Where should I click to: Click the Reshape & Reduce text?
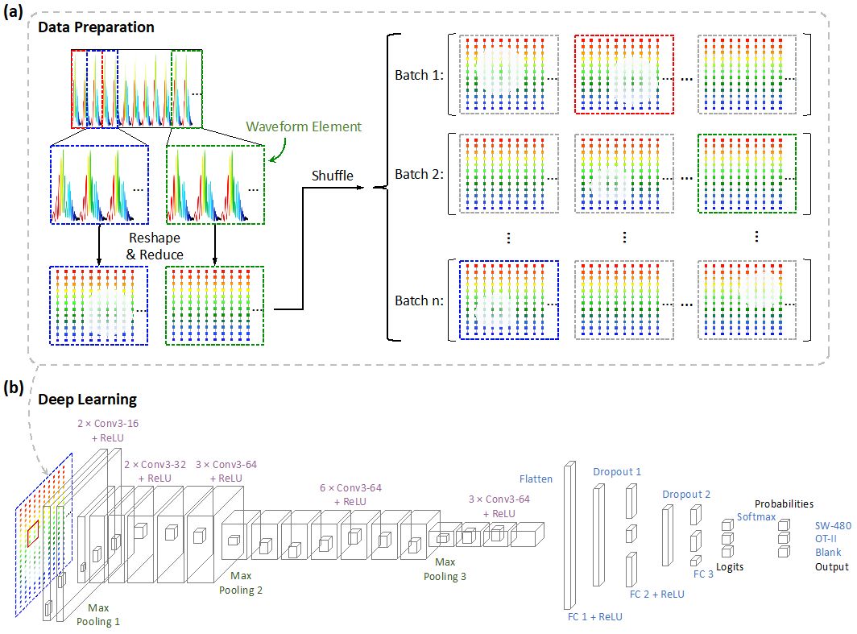click(156, 247)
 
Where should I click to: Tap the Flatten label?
click(536, 479)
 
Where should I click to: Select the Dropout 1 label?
click(617, 471)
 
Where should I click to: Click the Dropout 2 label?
click(686, 494)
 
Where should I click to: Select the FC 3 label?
click(703, 574)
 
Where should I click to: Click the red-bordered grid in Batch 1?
click(623, 74)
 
